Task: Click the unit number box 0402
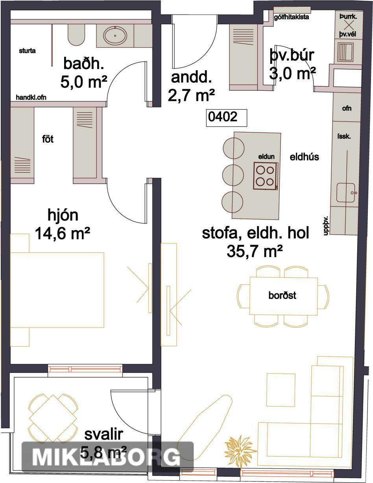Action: pos(226,118)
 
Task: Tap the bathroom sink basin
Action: pos(115,35)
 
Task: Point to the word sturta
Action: pos(27,51)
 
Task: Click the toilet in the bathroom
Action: pos(76,34)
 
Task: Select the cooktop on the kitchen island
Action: pos(266,176)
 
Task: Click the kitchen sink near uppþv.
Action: pos(347,192)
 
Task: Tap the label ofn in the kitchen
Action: pos(347,108)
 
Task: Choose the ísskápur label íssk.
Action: pos(344,136)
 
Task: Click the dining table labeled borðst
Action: pos(284,296)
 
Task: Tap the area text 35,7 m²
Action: pos(255,252)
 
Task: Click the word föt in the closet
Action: pos(48,139)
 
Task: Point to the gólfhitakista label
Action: pos(292,17)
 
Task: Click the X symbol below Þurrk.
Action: pos(349,26)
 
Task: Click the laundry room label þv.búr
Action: pos(292,56)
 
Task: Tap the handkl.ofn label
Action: pos(31,97)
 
